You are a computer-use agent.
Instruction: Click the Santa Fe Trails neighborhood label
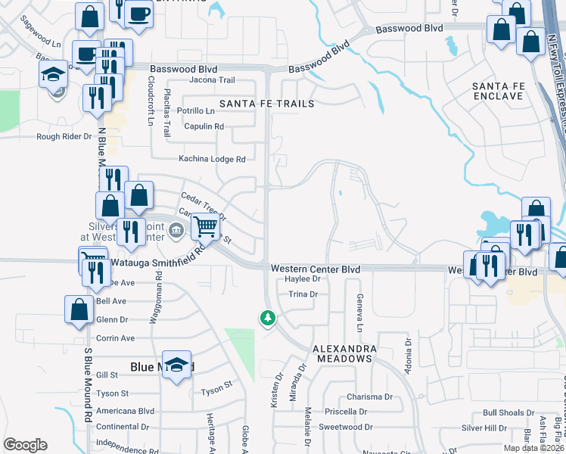266,103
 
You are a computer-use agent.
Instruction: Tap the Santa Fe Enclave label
497,92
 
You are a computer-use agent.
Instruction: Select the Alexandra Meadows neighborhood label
346,353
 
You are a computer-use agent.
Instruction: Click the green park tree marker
267,318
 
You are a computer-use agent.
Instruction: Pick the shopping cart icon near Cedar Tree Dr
205,225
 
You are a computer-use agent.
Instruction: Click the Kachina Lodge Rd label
213,159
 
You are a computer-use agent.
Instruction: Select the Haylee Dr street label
303,278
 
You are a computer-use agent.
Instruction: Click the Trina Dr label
302,294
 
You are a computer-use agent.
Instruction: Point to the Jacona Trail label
213,79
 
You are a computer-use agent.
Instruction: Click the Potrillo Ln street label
195,110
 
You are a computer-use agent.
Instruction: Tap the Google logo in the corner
25,445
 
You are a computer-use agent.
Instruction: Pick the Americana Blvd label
126,411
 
